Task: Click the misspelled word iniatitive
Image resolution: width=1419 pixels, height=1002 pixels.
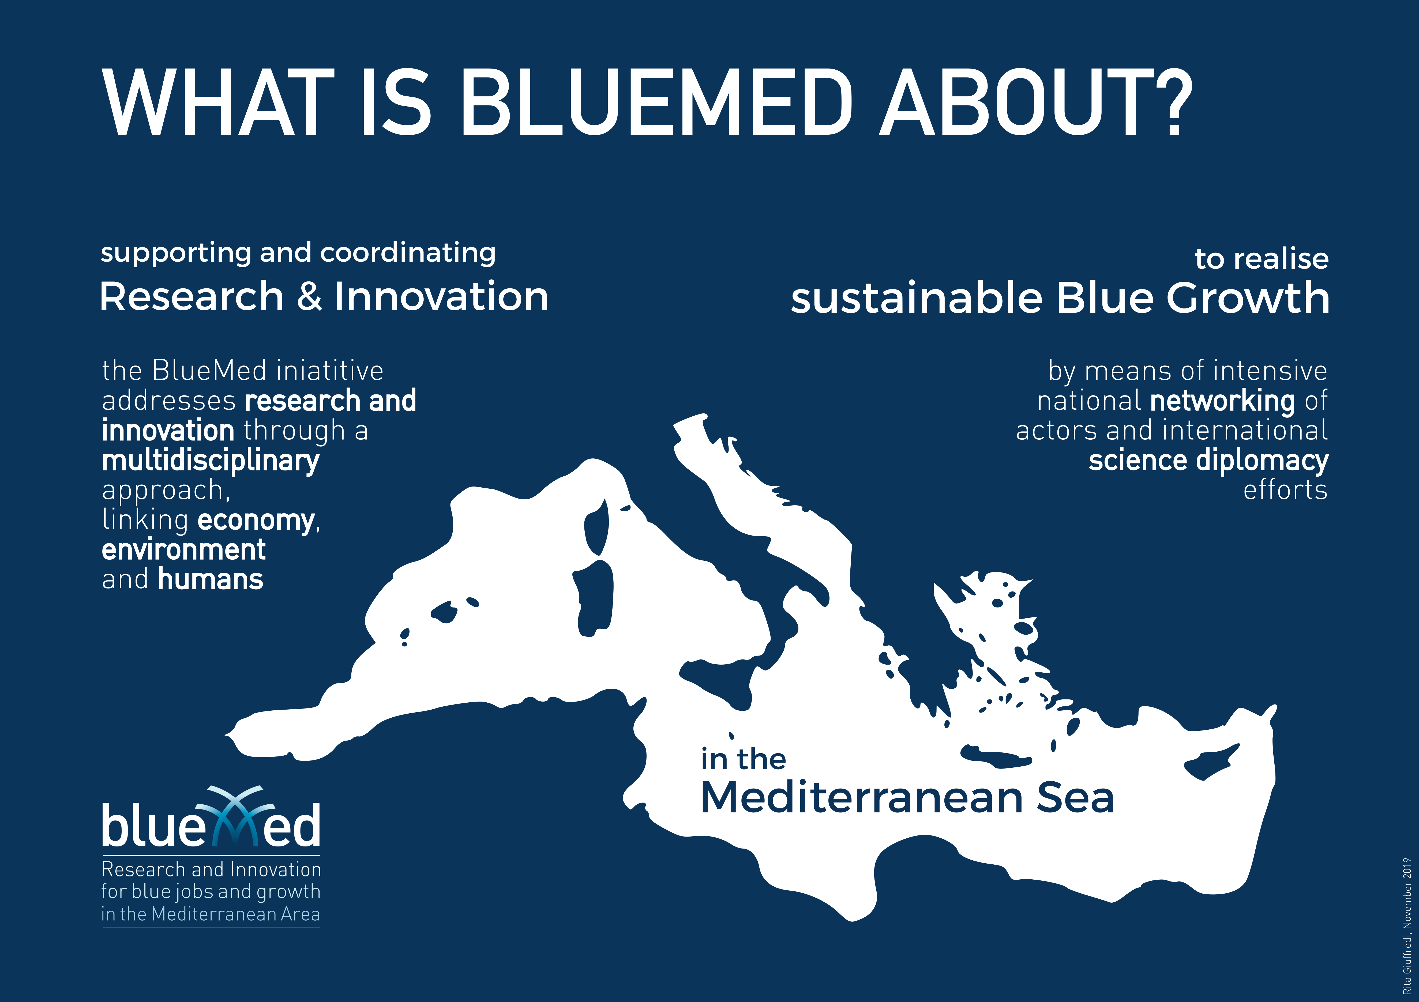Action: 329,371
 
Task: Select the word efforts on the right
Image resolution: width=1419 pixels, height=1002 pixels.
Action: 1286,490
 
